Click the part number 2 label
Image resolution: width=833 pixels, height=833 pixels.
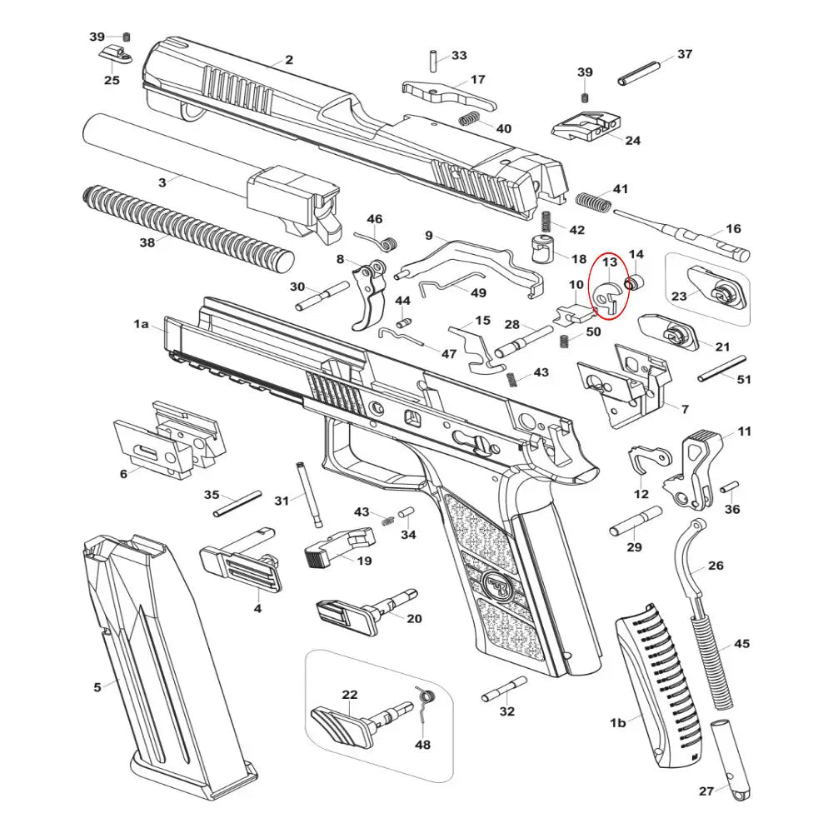pos(289,60)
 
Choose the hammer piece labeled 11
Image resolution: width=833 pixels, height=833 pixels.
pos(698,471)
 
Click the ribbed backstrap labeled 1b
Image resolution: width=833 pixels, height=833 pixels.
pos(658,691)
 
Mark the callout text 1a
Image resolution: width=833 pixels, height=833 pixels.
pos(142,323)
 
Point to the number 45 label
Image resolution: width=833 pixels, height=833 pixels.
pos(741,644)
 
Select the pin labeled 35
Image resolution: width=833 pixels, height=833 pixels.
pos(238,504)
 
